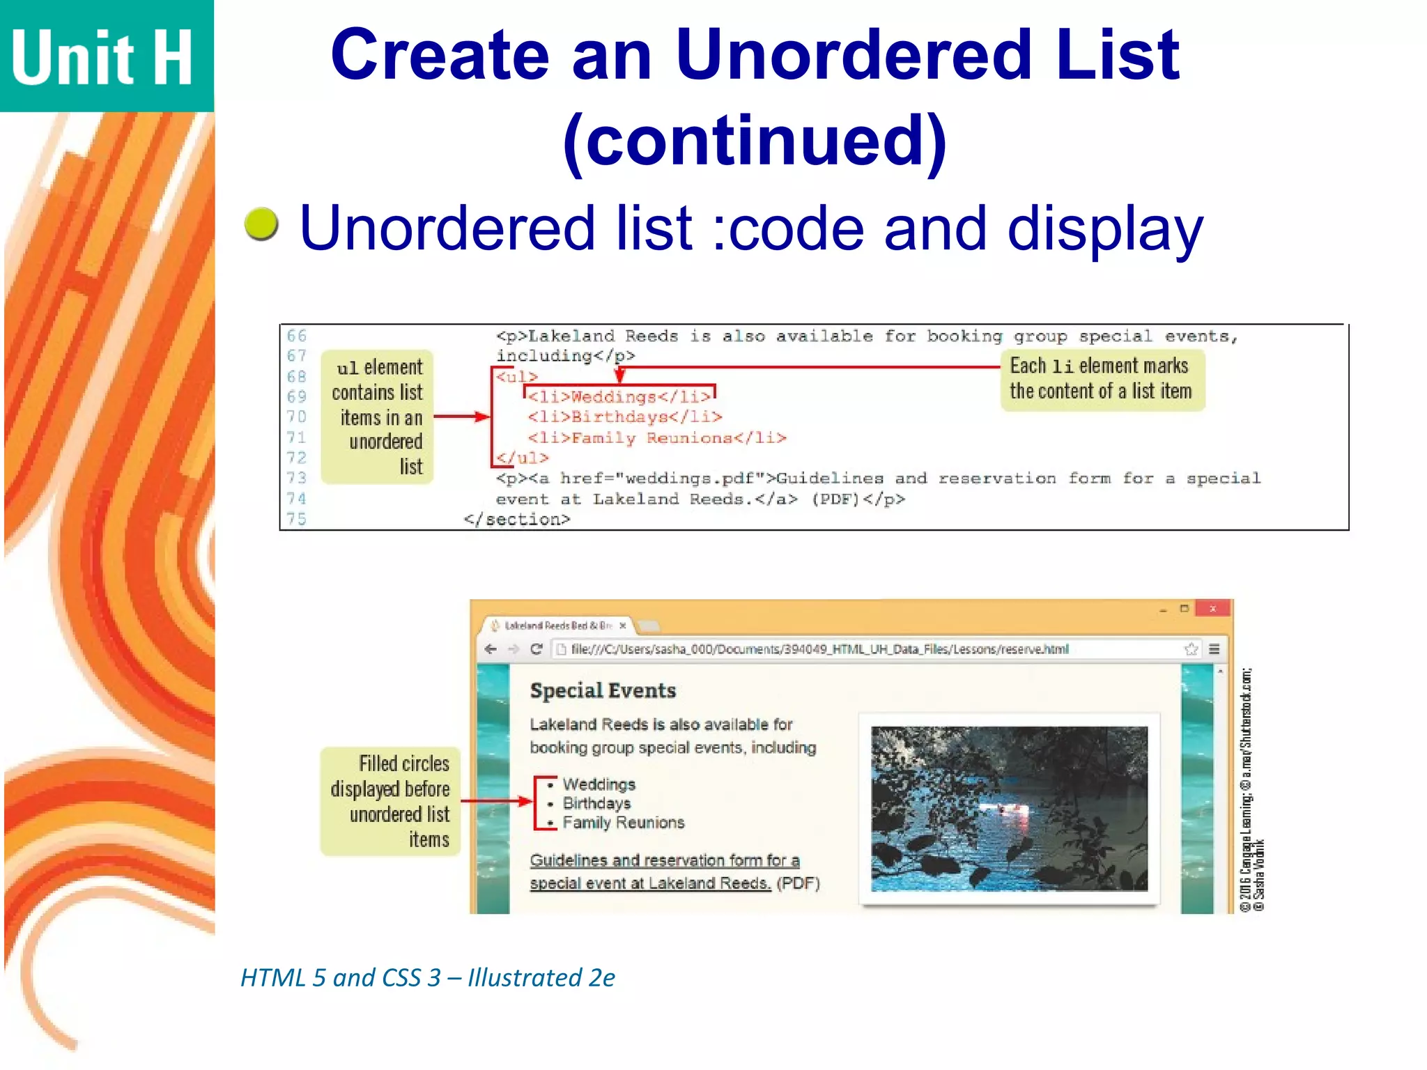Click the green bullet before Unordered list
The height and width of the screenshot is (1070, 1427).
pos(261,225)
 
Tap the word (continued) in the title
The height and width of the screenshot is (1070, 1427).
pos(755,141)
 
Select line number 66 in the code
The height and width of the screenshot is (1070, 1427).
pos(296,336)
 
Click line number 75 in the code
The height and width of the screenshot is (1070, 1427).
pos(296,519)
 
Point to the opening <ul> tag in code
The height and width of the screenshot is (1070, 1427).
pos(516,377)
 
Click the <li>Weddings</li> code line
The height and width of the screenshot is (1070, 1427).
pos(619,397)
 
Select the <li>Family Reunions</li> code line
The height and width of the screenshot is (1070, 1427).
pos(656,438)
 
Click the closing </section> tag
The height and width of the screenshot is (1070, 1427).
pos(517,520)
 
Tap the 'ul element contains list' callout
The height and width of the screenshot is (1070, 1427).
pos(378,417)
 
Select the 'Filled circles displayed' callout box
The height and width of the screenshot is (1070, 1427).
pos(390,801)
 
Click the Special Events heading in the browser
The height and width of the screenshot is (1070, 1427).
pos(603,690)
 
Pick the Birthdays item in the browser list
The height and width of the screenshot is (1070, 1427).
pos(596,803)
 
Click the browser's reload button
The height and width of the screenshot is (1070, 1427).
pos(536,649)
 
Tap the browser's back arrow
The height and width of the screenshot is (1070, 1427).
pos(491,649)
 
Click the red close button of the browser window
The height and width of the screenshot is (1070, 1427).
pos(1212,609)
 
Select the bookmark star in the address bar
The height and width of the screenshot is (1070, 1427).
pos(1191,649)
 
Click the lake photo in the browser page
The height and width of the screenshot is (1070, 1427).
pos(1009,809)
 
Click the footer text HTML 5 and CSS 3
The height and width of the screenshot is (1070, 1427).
pos(428,978)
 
